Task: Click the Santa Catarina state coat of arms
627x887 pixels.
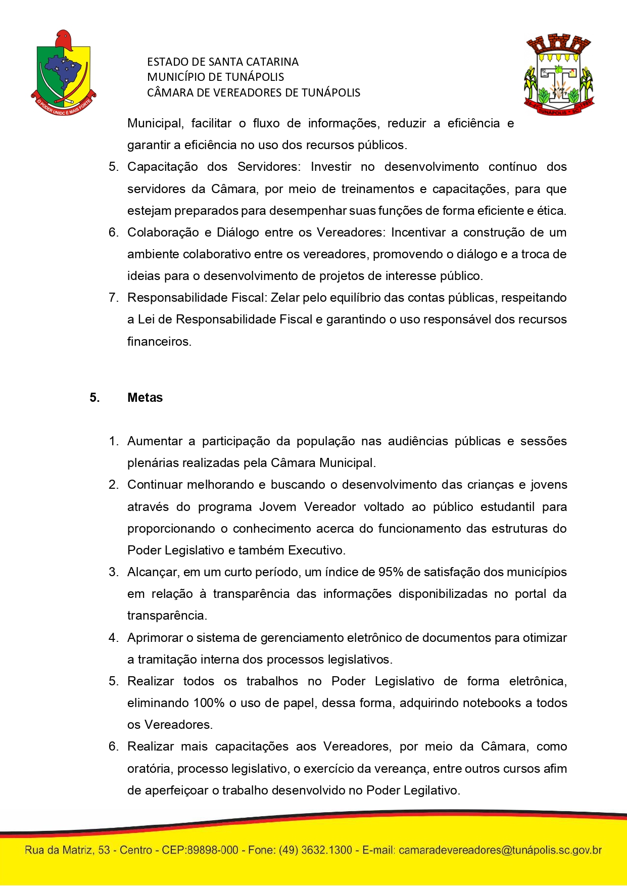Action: pyautogui.click(x=63, y=72)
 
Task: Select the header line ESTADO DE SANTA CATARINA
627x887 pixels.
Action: pyautogui.click(x=223, y=62)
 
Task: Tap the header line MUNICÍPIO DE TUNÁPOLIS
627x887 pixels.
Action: pyautogui.click(x=215, y=77)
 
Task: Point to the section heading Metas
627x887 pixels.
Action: pyautogui.click(x=145, y=398)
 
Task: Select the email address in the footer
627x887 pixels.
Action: pyautogui.click(x=500, y=850)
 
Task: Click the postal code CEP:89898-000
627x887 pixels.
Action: pyautogui.click(x=200, y=850)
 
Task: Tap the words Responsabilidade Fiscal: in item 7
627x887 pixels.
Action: pyautogui.click(x=197, y=298)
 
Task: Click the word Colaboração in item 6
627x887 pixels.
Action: pyautogui.click(x=163, y=232)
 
